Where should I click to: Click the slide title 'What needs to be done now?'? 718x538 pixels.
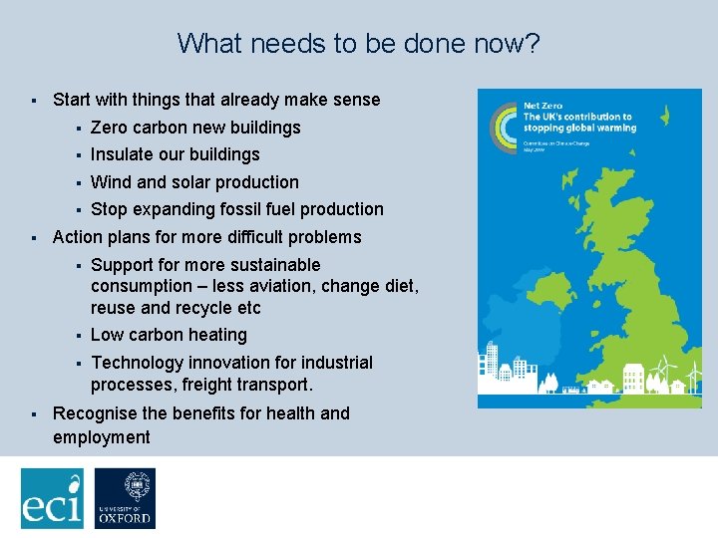[358, 44]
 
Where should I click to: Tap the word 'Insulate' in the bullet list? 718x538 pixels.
[120, 154]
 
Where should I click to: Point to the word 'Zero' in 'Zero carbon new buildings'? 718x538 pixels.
[109, 128]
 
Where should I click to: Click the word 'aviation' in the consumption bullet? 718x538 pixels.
[306, 287]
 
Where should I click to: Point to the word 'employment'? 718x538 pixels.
[101, 437]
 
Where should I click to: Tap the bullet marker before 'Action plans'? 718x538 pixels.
[34, 238]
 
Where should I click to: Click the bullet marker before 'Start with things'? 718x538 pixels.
[34, 101]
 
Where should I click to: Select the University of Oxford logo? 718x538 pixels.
[125, 498]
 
